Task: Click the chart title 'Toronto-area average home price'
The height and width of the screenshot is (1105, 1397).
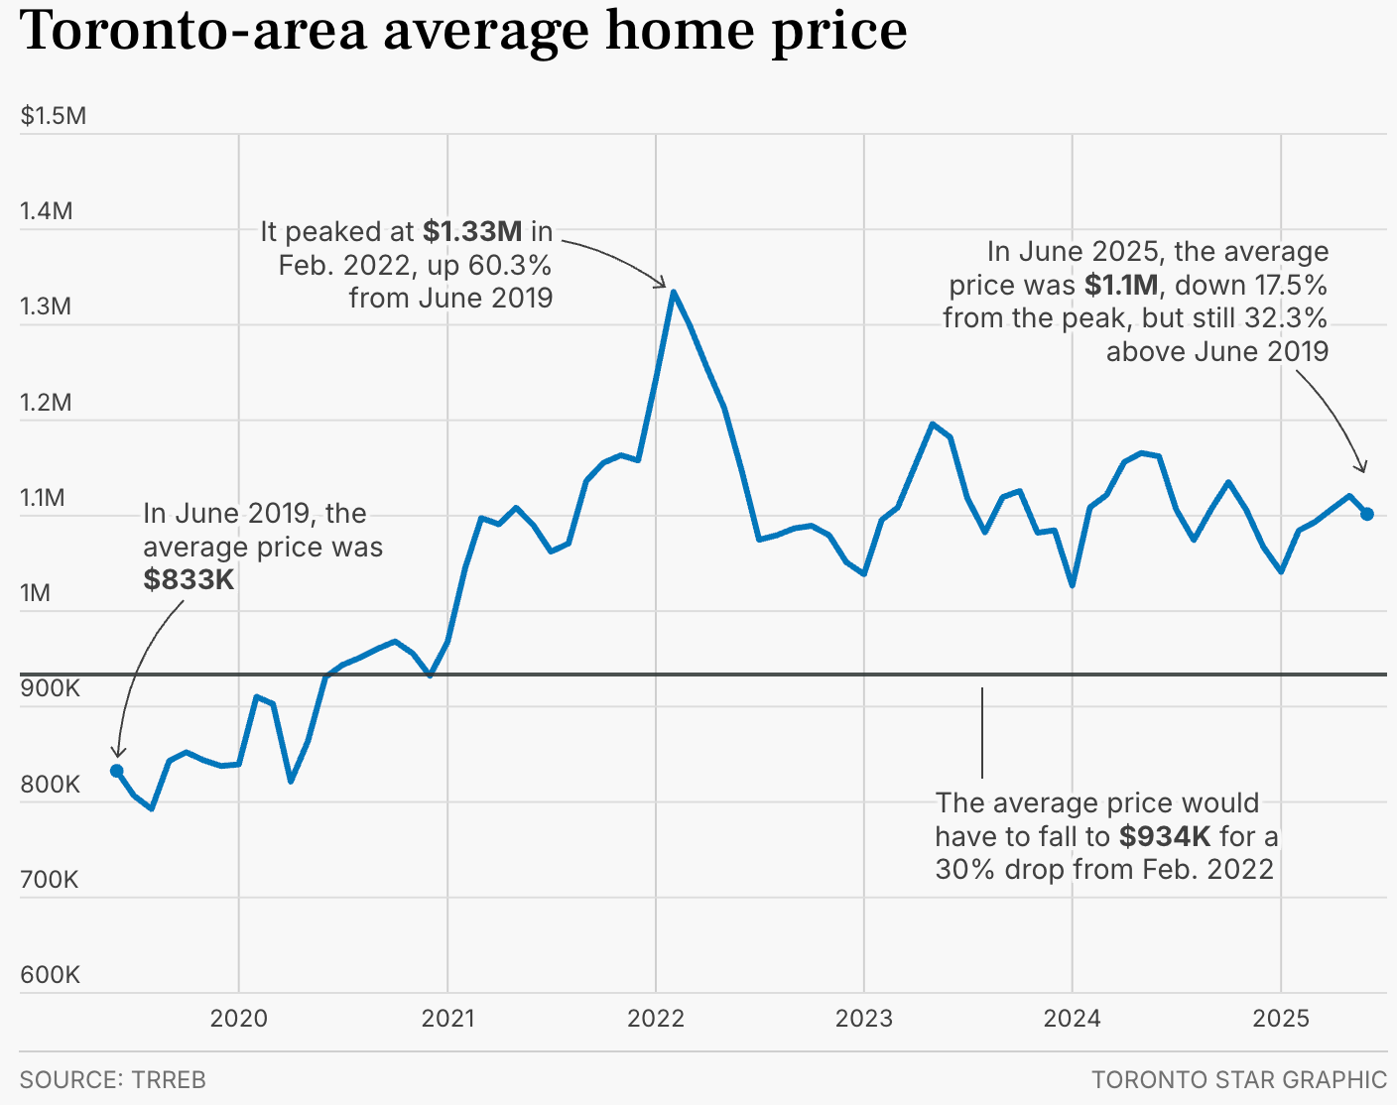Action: [x=463, y=32]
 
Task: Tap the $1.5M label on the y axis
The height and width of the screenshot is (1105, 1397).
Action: [x=54, y=116]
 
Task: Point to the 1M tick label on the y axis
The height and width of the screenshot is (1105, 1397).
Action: [x=35, y=593]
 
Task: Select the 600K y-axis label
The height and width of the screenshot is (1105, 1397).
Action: [x=50, y=975]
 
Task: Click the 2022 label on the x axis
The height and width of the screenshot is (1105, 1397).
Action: [x=656, y=1019]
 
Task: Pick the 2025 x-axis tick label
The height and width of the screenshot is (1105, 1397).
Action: [x=1281, y=1019]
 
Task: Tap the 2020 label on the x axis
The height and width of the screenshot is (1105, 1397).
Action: [x=239, y=1019]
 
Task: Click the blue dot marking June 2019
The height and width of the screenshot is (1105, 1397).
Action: [x=117, y=771]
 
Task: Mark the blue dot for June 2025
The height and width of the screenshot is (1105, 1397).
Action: [x=1367, y=514]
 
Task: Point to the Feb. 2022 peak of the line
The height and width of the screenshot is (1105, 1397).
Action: [x=673, y=293]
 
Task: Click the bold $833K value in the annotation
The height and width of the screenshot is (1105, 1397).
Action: [x=189, y=580]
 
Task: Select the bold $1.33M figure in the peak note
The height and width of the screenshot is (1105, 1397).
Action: [x=472, y=232]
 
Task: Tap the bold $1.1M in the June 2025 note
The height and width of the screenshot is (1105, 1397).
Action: [x=1121, y=286]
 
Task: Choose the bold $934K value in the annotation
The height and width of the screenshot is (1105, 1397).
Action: [x=1165, y=837]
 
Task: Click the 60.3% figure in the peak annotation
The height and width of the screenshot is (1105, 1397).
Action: [x=507, y=266]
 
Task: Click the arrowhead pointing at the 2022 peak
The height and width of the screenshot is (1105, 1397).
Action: [x=663, y=285]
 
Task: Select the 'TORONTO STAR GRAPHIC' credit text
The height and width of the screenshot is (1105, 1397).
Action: [x=1239, y=1080]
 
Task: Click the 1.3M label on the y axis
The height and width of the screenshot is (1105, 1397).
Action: [x=46, y=307]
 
